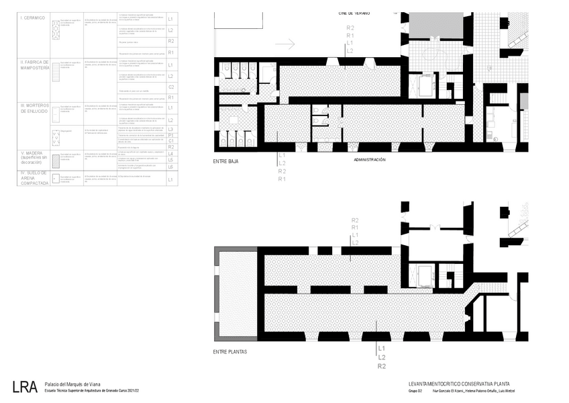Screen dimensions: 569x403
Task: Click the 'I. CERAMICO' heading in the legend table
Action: pos(34,18)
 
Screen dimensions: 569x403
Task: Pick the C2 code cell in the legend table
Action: pos(171,87)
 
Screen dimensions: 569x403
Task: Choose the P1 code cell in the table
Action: pos(171,135)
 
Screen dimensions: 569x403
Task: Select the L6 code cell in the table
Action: pos(171,167)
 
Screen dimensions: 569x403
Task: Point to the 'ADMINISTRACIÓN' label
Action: pos(369,160)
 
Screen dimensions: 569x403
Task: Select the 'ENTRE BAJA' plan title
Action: pos(226,162)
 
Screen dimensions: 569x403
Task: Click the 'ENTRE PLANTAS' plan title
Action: pos(229,352)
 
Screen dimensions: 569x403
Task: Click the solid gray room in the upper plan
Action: pos(436,26)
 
